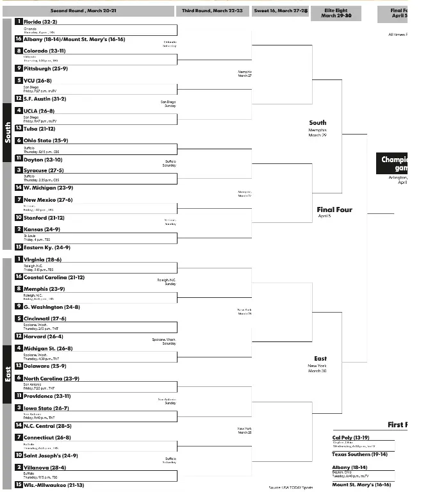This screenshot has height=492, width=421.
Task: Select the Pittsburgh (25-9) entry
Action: point(45,69)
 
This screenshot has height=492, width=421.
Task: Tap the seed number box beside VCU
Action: point(19,81)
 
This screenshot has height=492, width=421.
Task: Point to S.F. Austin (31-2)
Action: point(44,99)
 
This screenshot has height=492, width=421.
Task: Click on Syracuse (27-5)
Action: point(44,170)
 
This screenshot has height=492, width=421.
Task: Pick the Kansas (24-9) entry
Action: point(42,229)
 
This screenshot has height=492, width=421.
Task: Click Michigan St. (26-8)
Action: point(48,348)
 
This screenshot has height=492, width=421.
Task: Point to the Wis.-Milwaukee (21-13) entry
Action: point(53,485)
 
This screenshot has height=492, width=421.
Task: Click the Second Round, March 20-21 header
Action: point(88,11)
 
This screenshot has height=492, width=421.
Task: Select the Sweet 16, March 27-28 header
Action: point(280,11)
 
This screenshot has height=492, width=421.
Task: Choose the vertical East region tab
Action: point(8,373)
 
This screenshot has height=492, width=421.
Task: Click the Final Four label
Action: point(334,209)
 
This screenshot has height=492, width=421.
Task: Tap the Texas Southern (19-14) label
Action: point(359,454)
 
